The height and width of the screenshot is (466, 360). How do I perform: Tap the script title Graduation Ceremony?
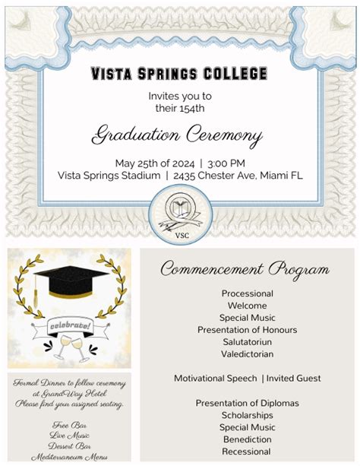(177, 136)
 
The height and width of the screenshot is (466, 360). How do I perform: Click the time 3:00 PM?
(226, 163)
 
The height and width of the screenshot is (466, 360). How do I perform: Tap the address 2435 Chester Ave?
(216, 175)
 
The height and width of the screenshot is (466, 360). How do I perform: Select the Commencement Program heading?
(245, 269)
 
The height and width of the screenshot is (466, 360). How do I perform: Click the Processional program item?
(247, 293)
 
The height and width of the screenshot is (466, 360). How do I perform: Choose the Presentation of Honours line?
(247, 330)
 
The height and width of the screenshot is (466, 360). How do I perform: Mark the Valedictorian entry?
(247, 354)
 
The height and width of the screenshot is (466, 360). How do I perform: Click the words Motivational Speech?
(215, 379)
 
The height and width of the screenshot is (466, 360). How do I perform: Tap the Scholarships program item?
(247, 415)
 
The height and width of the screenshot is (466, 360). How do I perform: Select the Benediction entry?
(247, 439)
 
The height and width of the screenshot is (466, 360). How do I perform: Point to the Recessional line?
(247, 452)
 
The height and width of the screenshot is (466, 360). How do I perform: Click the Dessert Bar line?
(69, 446)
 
